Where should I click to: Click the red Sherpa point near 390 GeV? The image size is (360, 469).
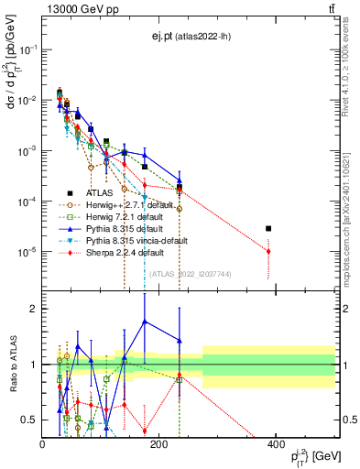point(268,251)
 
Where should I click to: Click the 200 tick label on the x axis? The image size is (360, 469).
point(159,444)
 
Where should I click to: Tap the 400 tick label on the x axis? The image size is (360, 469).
point(276,444)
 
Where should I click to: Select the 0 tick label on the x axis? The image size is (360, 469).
point(43,444)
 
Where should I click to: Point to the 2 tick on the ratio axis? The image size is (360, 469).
point(35,309)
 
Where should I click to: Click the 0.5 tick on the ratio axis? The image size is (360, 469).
point(30,420)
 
